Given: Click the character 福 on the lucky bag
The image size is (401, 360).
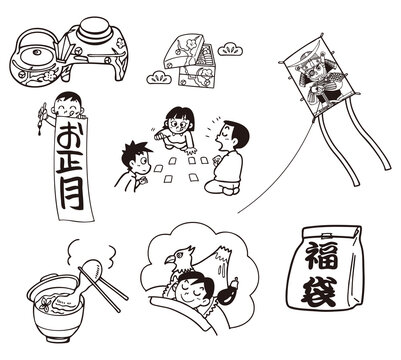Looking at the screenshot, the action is (x=322, y=256).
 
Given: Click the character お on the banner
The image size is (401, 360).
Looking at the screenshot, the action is (x=70, y=136).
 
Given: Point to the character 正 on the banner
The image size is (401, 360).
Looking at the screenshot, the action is (x=70, y=163).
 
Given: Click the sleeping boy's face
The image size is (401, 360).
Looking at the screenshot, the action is (x=191, y=291).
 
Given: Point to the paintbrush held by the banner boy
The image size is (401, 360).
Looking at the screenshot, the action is (x=42, y=119).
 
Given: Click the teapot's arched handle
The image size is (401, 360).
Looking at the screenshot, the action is (x=33, y=37).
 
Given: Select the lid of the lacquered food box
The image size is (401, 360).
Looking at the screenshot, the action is (x=183, y=50).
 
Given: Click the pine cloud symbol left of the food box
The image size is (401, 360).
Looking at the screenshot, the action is (x=159, y=78).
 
